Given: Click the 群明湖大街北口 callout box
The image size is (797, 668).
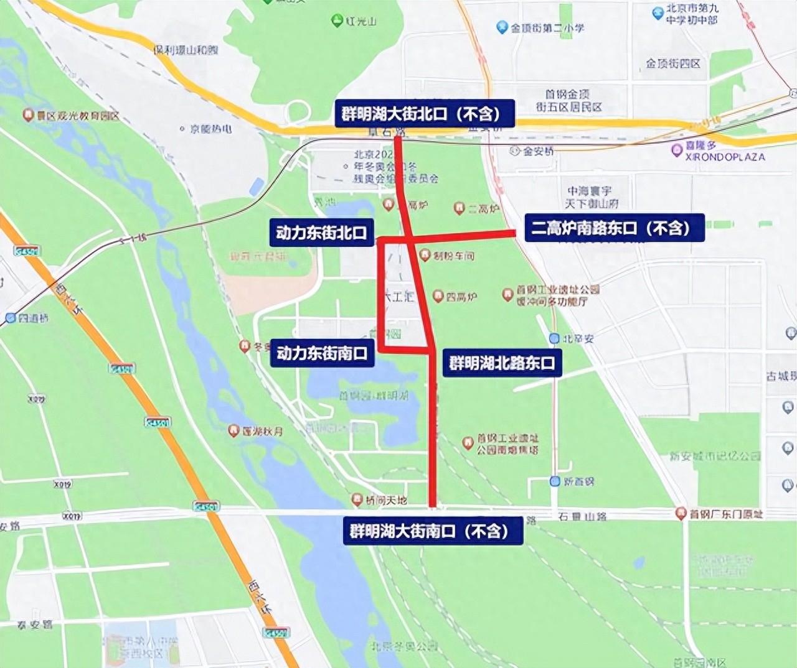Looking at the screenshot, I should click(x=425, y=114).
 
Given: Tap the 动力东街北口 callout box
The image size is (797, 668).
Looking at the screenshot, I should click(x=321, y=233).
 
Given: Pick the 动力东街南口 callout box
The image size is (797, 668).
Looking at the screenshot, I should click(x=321, y=353).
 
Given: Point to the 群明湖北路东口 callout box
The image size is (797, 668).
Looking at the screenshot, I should click(x=502, y=363).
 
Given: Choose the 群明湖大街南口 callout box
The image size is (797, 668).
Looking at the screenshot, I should click(x=432, y=531).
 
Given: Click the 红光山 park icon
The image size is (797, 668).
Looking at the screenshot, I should click(x=337, y=21).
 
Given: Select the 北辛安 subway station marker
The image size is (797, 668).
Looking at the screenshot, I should click(x=554, y=338).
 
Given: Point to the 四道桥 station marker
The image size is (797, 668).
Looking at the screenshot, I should click(x=10, y=318).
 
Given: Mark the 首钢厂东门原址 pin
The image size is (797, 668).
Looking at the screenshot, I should click(x=681, y=514).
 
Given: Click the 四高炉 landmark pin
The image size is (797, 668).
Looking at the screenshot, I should click(x=438, y=297).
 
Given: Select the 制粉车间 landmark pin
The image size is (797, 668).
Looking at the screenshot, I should click(x=425, y=255).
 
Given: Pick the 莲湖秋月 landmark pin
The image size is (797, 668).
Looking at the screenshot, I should click(x=233, y=430).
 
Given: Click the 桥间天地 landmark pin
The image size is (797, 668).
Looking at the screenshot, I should click(x=357, y=499).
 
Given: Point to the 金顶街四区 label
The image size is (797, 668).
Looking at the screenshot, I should click(x=673, y=63).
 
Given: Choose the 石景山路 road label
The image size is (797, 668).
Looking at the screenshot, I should click(x=582, y=516).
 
